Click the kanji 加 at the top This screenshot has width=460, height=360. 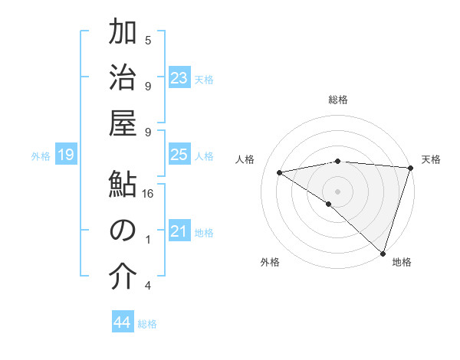[x=123, y=34]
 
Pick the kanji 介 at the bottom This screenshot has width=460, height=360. [x=123, y=277]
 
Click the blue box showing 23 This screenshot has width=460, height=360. [x=179, y=78]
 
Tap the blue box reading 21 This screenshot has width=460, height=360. [x=179, y=231]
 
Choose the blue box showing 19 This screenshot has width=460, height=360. [x=65, y=155]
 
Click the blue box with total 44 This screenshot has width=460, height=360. [x=123, y=322]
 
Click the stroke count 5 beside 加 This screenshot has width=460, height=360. [x=148, y=40]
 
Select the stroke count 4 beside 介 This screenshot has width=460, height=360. [x=148, y=286]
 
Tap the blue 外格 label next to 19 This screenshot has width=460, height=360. [x=41, y=156]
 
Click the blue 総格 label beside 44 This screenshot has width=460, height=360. [x=147, y=324]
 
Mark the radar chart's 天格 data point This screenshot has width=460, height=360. [x=411, y=168]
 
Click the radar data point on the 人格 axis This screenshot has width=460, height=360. [x=280, y=172]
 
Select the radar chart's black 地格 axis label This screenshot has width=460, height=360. [x=402, y=262]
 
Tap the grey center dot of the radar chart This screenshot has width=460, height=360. [x=337, y=190]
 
